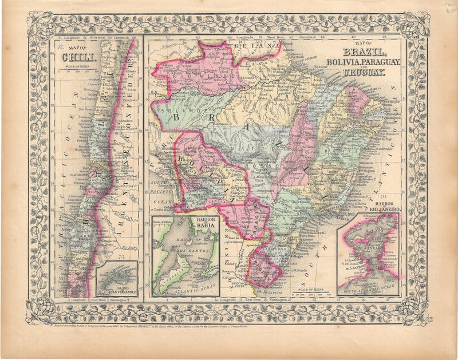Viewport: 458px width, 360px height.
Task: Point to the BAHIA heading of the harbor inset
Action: pos(205,225)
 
